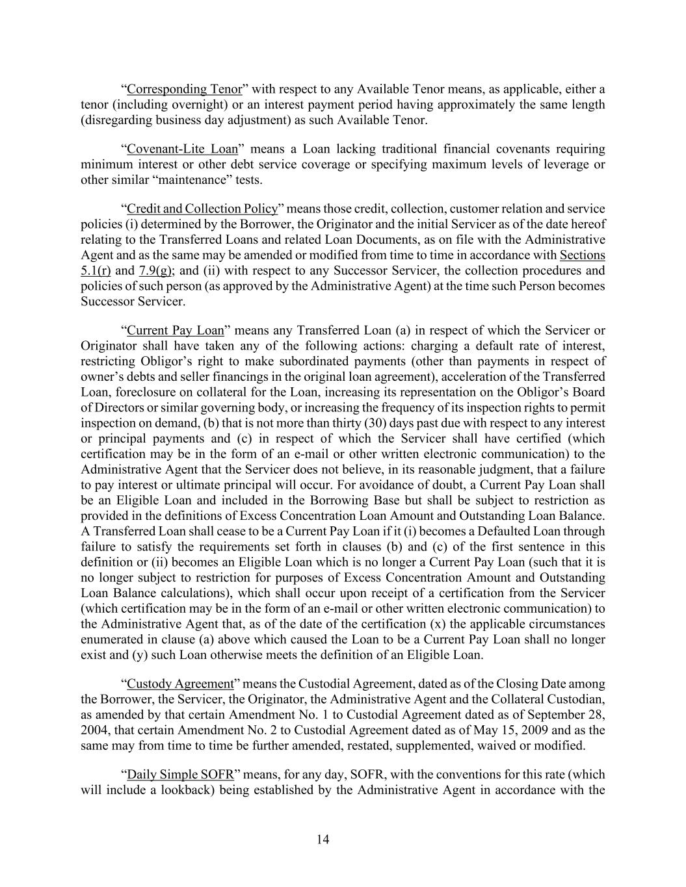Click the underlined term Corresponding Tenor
185,89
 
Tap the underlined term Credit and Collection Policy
202,209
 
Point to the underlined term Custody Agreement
180,684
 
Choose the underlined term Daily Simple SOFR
180,775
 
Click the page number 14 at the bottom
323,840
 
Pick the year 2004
94,730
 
